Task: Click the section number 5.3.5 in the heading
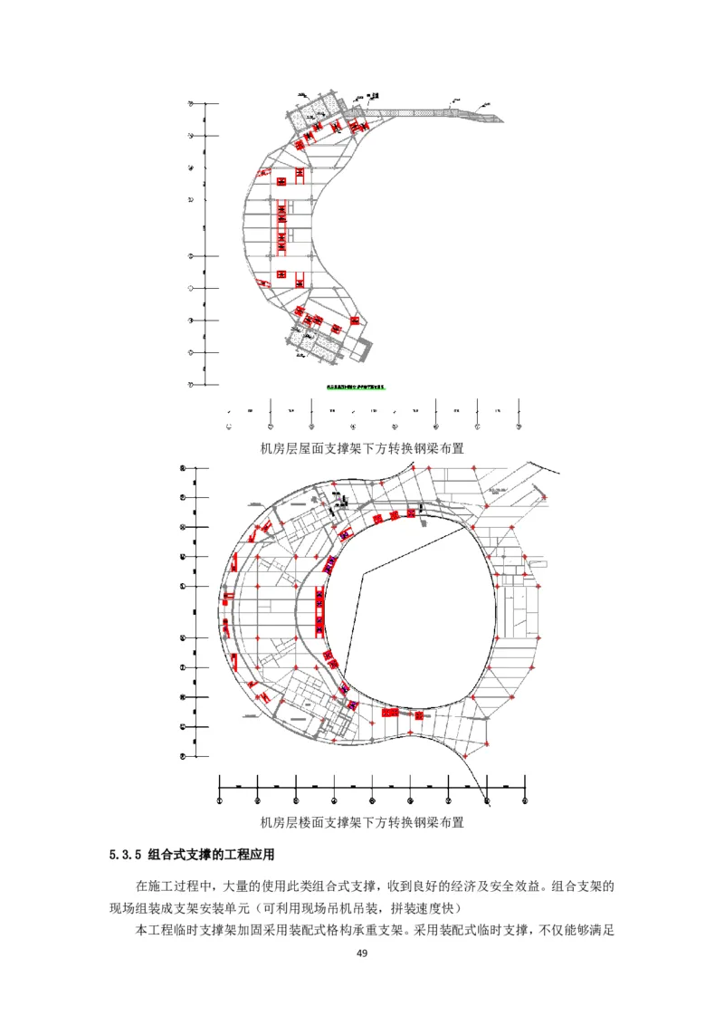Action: [125, 854]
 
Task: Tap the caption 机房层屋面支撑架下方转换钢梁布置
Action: [362, 447]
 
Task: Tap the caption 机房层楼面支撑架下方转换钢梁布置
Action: [362, 823]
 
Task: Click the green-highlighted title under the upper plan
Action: [356, 388]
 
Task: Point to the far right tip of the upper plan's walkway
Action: [503, 118]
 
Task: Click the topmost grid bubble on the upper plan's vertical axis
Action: [191, 104]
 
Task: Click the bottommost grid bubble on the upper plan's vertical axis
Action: [191, 384]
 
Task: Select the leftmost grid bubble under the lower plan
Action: [220, 800]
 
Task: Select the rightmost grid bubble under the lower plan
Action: [525, 800]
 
